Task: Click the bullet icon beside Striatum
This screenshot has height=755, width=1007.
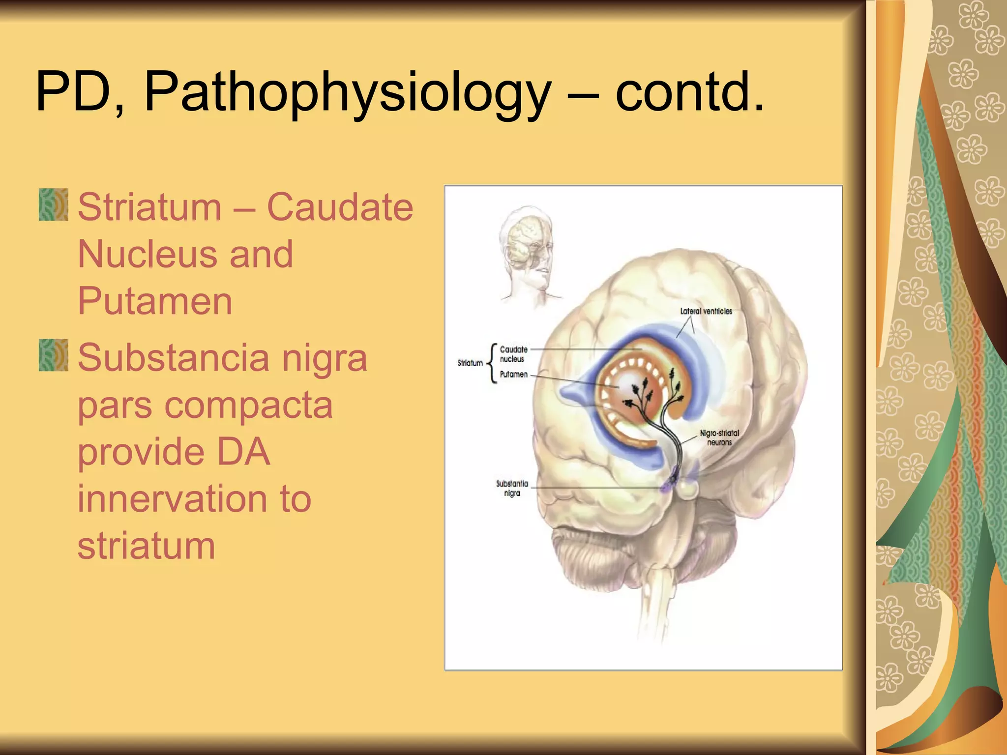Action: tap(53, 204)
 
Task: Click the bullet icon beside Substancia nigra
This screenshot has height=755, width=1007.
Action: tap(53, 355)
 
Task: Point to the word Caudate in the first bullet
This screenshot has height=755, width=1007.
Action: tap(340, 207)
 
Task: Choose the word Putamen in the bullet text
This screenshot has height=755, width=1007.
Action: tap(155, 301)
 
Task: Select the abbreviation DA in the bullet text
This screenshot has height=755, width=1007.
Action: tap(243, 452)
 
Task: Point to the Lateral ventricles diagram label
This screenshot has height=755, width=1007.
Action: tap(706, 311)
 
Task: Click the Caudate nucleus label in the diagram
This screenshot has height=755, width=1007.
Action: tap(513, 354)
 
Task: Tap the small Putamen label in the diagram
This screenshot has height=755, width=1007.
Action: tap(513, 375)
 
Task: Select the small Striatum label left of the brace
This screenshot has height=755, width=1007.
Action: tap(470, 363)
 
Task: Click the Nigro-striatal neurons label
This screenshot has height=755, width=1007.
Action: tap(719, 437)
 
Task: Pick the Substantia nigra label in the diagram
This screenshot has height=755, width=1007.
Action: tap(512, 488)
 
